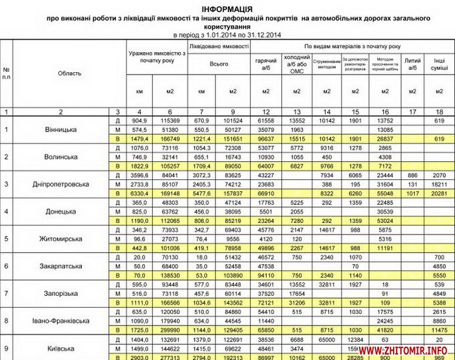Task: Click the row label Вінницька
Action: (61, 130)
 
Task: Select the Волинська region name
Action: (61, 157)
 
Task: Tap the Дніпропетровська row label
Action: (61, 184)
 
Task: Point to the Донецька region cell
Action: (61, 212)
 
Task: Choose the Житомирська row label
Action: (61, 239)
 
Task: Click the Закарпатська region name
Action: (61, 266)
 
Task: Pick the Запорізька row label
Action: (61, 293)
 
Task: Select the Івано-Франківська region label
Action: (61, 321)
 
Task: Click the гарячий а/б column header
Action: (266, 63)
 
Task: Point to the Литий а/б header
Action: (413, 63)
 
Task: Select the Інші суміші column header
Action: (436, 63)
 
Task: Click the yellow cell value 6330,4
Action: (140, 194)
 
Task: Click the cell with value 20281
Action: (436, 194)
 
